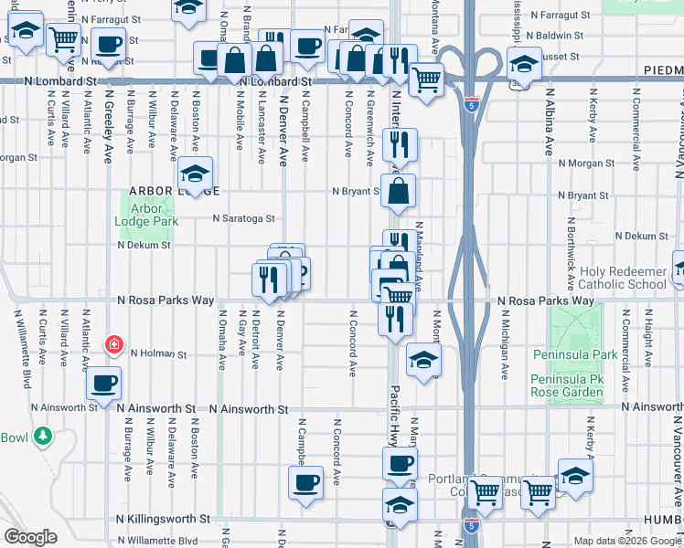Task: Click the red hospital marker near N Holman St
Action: coord(113,344)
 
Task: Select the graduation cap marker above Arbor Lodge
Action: coord(195,172)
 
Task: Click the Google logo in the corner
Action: coord(30,537)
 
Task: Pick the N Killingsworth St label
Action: coord(175,518)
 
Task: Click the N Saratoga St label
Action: coord(243,218)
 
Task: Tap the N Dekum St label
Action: coord(144,245)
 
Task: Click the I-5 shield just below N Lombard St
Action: coord(471,103)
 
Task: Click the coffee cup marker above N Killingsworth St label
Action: coord(305,481)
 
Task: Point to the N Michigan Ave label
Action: coord(504,348)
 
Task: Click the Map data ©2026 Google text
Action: coord(626,541)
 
